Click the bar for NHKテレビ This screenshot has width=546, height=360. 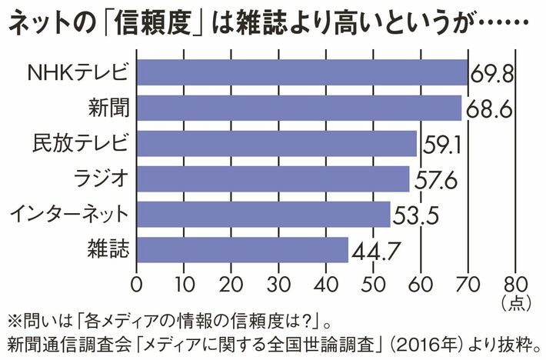point(302,72)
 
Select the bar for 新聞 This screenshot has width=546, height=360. point(298,108)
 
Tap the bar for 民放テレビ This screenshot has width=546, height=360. point(276,144)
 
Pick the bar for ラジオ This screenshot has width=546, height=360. point(272,179)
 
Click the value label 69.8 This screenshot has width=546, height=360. point(492,75)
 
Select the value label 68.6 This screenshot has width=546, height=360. point(488,110)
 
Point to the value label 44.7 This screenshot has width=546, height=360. point(375,251)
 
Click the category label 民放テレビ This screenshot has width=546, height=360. point(80,144)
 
